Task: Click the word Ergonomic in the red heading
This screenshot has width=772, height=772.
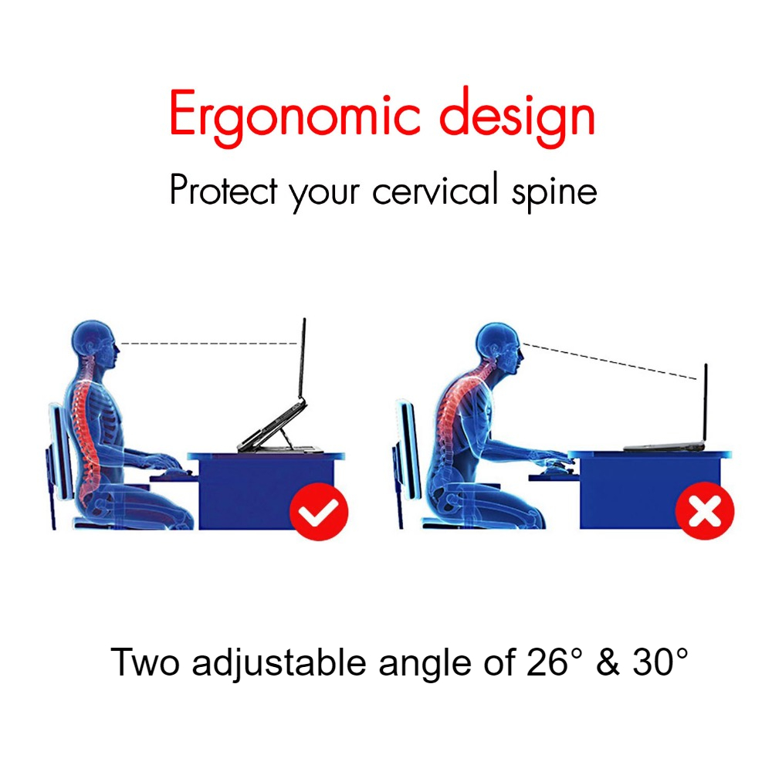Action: click(x=295, y=117)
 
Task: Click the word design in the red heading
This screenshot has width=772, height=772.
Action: click(x=517, y=117)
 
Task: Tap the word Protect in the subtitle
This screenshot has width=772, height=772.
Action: click(x=224, y=190)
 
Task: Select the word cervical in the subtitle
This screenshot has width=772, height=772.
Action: click(x=435, y=189)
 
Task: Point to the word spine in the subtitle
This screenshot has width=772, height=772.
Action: click(x=554, y=192)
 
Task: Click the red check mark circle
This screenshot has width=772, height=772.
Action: click(x=319, y=512)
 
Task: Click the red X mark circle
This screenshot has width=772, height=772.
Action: click(x=705, y=510)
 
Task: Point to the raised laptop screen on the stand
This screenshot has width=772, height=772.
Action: click(x=301, y=358)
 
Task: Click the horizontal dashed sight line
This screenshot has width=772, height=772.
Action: click(x=208, y=344)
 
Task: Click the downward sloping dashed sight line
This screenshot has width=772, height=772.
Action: click(x=610, y=361)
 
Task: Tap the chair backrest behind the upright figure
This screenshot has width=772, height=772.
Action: click(x=61, y=451)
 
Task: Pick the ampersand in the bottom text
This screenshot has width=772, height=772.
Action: click(x=608, y=662)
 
